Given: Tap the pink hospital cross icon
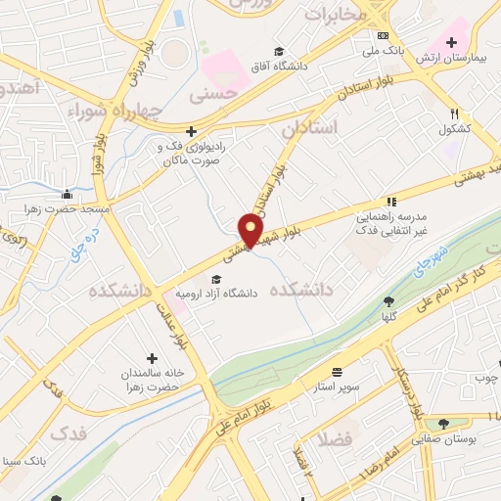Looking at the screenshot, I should [451, 41].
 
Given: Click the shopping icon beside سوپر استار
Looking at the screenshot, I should [338, 372].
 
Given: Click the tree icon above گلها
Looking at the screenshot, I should [388, 301].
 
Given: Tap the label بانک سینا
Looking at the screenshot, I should [23, 460].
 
